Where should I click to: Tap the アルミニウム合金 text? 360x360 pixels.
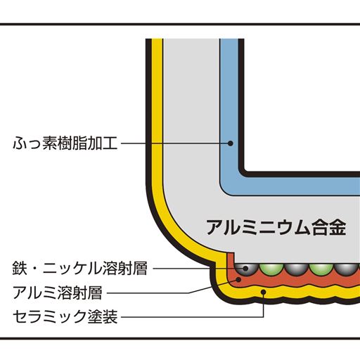tap(276, 227)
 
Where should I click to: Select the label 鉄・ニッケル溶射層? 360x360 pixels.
tap(82, 268)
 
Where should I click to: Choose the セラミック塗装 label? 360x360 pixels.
tap(66, 316)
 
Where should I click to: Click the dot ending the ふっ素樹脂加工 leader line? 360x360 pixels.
tap(230, 143)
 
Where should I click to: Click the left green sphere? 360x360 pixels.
tap(269, 268)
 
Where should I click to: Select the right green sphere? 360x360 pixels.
tap(320, 268)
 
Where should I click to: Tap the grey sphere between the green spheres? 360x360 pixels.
tap(295, 268)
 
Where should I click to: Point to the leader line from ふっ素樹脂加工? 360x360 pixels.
tap(176, 143)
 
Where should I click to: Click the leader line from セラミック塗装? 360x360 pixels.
tap(190, 316)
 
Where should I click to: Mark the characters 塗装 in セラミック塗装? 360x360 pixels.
tap(104, 316)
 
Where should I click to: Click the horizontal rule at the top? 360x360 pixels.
tap(180, 24)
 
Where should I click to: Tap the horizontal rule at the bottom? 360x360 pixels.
tap(180, 339)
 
